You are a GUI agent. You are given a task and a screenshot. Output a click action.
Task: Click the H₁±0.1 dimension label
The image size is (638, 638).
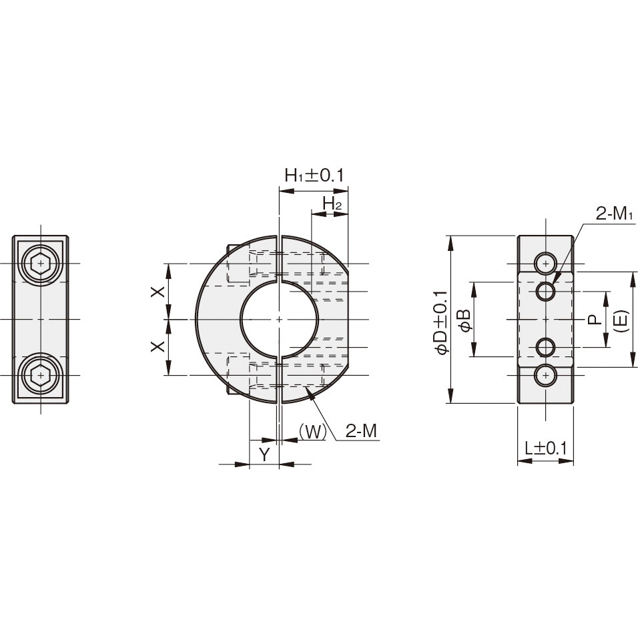coord(314,176)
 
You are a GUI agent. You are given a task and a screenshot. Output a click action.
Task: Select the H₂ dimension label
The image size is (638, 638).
coord(332,204)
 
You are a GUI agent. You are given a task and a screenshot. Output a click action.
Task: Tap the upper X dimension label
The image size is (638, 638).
coord(158,292)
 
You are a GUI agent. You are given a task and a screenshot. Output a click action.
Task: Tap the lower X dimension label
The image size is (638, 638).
coord(158,346)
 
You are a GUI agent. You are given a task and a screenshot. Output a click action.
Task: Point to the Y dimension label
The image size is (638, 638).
coord(265,454)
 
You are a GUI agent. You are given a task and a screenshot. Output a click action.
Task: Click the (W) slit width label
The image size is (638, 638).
coord(312,432)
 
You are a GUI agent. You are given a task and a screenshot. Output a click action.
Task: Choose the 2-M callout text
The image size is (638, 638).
coord(361,431)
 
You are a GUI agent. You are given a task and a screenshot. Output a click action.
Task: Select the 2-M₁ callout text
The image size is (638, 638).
coord(615,214)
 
